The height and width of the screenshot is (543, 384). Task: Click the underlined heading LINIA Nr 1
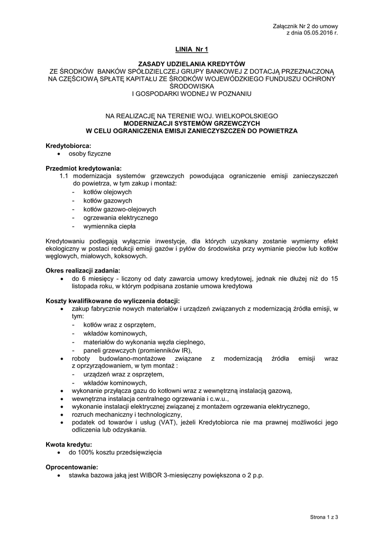(x=192, y=50)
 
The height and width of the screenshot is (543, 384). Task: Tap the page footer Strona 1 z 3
(x=324, y=516)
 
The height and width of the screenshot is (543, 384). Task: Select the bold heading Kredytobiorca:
(x=68, y=145)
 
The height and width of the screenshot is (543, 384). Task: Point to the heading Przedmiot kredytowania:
(x=84, y=169)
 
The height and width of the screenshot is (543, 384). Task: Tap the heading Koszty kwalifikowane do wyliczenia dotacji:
(x=113, y=301)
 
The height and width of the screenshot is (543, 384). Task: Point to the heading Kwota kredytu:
(x=69, y=444)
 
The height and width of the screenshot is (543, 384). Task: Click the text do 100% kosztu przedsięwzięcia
(x=115, y=452)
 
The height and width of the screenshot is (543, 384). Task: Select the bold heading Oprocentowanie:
(x=72, y=467)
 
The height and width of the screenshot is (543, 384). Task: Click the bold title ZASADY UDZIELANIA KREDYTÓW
(x=192, y=63)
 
